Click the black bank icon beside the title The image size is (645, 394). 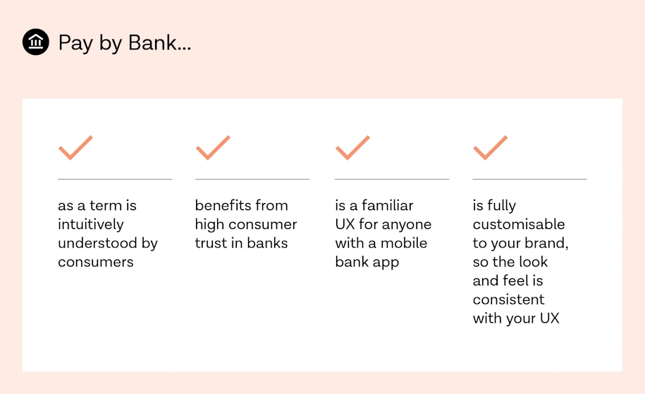(36, 42)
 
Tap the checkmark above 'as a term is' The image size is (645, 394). (75, 147)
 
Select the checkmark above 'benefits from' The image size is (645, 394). (213, 147)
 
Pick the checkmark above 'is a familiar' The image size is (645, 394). (352, 147)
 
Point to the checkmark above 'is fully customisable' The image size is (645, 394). (490, 147)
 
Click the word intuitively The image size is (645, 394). (91, 224)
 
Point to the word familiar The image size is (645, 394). (388, 206)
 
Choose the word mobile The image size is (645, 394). (404, 243)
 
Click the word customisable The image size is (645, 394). (519, 224)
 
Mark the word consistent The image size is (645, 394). (508, 299)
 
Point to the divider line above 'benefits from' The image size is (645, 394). (252, 180)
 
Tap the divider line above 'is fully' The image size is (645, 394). (529, 180)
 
